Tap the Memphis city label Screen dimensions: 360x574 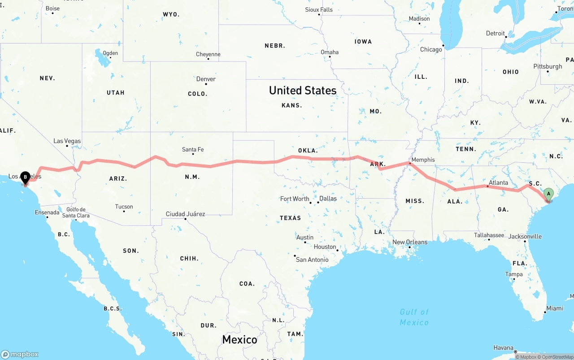pyautogui.click(x=423, y=160)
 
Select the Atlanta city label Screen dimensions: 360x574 pyautogui.click(x=498, y=182)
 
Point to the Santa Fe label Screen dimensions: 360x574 pyautogui.click(x=193, y=149)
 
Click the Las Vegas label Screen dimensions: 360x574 pyautogui.click(x=67, y=141)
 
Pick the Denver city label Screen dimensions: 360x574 pyautogui.click(x=206, y=79)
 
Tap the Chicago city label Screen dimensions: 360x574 pyautogui.click(x=431, y=49)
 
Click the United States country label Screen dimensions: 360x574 pyautogui.click(x=303, y=90)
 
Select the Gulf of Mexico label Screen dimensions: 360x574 pyautogui.click(x=414, y=317)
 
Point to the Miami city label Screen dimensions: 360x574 pyautogui.click(x=555, y=308)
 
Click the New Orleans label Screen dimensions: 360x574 pyautogui.click(x=410, y=242)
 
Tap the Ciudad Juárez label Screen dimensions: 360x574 pyautogui.click(x=185, y=214)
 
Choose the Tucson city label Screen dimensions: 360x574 pyautogui.click(x=124, y=207)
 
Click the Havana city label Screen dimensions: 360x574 pyautogui.click(x=503, y=347)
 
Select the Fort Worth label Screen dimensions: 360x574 pyautogui.click(x=295, y=199)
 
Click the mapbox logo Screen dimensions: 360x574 pyautogui.click(x=20, y=354)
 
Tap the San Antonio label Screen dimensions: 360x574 pyautogui.click(x=312, y=260)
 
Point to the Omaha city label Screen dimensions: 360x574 pyautogui.click(x=330, y=52)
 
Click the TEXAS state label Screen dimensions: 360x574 pyautogui.click(x=290, y=218)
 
